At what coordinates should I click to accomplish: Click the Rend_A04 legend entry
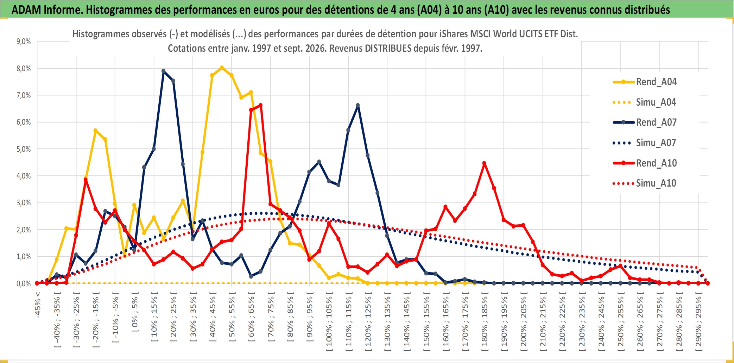645,82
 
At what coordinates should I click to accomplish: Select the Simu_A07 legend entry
645,143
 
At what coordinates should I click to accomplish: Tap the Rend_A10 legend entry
645,163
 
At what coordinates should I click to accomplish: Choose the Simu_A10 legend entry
645,183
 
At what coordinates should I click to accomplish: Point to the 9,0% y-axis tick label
24,42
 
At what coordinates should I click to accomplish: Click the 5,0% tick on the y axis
24,149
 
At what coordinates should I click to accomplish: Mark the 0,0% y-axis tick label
24,283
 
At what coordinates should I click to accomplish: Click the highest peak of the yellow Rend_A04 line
222,68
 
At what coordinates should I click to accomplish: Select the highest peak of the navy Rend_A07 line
163,71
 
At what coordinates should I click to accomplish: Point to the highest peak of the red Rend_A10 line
260,105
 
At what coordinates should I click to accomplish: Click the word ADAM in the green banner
26,10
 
